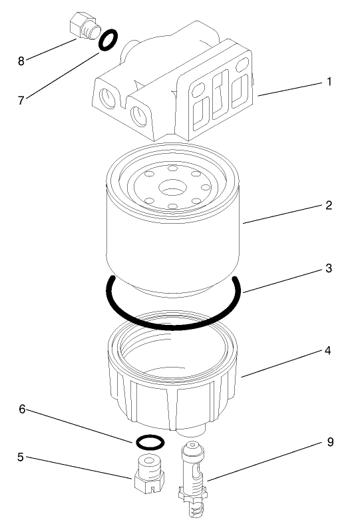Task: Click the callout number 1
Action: pyautogui.click(x=329, y=83)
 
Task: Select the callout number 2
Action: pyautogui.click(x=329, y=205)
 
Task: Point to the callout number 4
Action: pyautogui.click(x=329, y=350)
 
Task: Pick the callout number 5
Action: pyautogui.click(x=21, y=457)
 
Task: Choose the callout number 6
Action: pyautogui.click(x=21, y=409)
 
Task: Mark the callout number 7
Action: pyautogui.click(x=21, y=100)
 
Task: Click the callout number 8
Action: pyautogui.click(x=21, y=61)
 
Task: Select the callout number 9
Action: pyautogui.click(x=329, y=442)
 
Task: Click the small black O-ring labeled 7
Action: pyautogui.click(x=109, y=41)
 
